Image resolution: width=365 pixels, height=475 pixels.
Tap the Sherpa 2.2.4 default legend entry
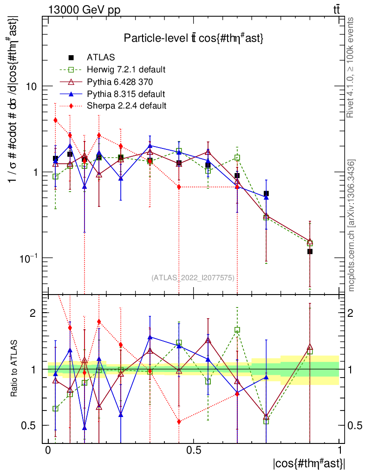pyautogui.click(x=126, y=106)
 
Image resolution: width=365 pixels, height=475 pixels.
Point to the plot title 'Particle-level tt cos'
pyautogui.click(x=194, y=39)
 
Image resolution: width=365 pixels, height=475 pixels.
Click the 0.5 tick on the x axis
pyautogui.click(x=194, y=450)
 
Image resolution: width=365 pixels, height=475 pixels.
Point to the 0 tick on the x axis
pyautogui.click(x=48, y=450)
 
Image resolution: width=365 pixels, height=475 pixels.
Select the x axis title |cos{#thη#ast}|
pyautogui.click(x=309, y=464)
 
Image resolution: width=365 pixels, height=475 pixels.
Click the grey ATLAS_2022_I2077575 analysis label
pyautogui.click(x=193, y=278)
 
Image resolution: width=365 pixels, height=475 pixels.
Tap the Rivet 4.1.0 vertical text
pyautogui.click(x=352, y=67)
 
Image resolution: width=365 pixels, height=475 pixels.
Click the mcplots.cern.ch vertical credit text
pyautogui.click(x=352, y=225)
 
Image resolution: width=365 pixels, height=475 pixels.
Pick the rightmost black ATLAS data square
pyautogui.click(x=310, y=251)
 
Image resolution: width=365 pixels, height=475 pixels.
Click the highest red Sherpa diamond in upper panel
pyautogui.click(x=55, y=120)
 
